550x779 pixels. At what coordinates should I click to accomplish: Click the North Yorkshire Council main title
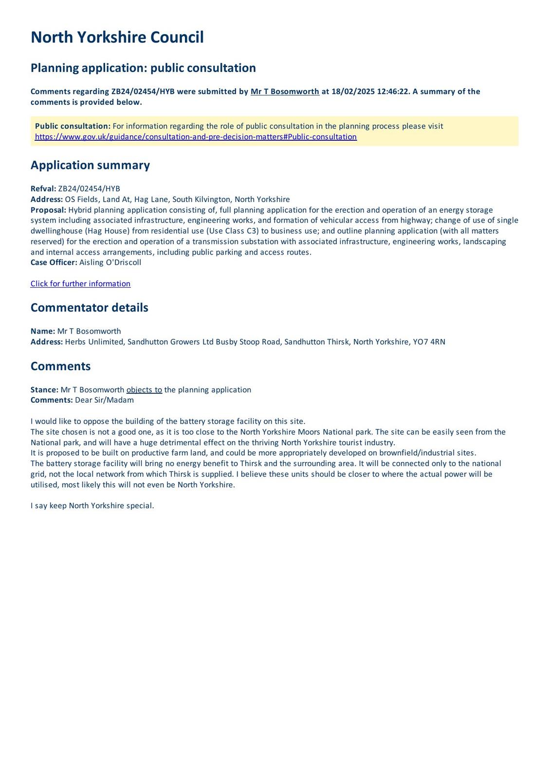[117, 37]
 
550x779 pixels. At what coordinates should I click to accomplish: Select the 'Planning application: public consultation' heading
[143, 68]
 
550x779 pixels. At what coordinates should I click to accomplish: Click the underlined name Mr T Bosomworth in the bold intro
[285, 92]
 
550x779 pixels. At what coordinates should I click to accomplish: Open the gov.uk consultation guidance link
[196, 137]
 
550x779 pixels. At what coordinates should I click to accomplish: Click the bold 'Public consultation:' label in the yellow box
[73, 126]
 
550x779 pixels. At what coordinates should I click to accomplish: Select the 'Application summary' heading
[90, 165]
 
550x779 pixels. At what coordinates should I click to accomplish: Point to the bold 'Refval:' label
[43, 189]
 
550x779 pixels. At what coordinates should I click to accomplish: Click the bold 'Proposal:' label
[48, 210]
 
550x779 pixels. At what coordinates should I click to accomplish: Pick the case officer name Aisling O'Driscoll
[110, 262]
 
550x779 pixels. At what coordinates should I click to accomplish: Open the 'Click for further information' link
[80, 284]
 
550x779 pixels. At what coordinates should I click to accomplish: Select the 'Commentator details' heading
[89, 308]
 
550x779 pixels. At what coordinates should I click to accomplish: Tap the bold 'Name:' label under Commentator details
[43, 331]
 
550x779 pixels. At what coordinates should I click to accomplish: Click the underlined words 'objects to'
[144, 390]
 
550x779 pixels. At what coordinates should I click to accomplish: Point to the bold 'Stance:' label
[44, 390]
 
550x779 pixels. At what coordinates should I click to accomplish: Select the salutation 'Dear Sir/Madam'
[104, 400]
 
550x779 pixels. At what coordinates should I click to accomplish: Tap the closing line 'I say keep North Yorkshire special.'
[92, 506]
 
